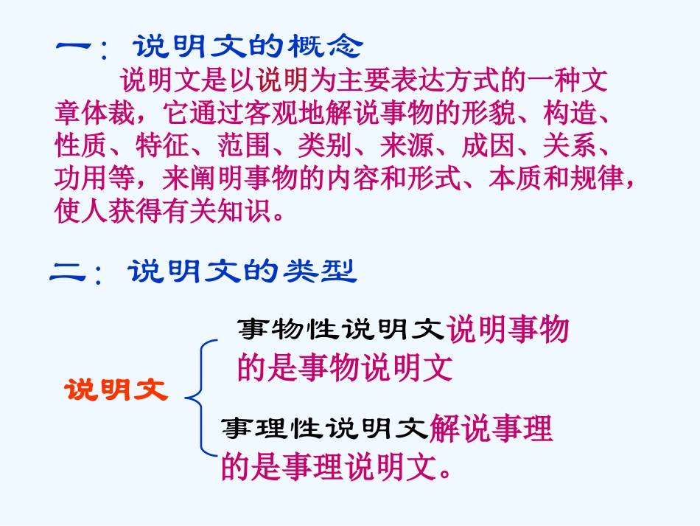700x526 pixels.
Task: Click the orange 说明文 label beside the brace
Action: pyautogui.click(x=116, y=390)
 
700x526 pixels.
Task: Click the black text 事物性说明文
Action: pyautogui.click(x=341, y=329)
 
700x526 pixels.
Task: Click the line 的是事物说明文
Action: pyautogui.click(x=344, y=368)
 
